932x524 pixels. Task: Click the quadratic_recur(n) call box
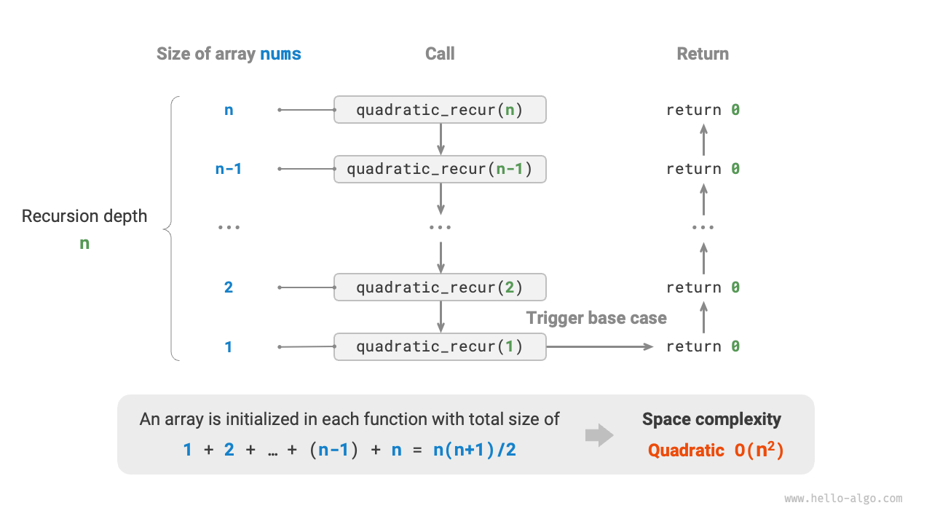pyautogui.click(x=440, y=110)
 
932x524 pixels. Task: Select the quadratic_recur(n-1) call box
pyautogui.click(x=440, y=169)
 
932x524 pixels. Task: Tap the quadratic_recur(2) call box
pyautogui.click(x=440, y=287)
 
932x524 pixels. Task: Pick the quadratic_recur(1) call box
pyautogui.click(x=440, y=346)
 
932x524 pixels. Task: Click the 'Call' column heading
pyautogui.click(x=440, y=54)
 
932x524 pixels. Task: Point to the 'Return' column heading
pyautogui.click(x=703, y=54)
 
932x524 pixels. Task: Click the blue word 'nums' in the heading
pyautogui.click(x=280, y=54)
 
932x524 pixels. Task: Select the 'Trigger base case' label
pyautogui.click(x=596, y=318)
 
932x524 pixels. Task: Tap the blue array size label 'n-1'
pyautogui.click(x=228, y=169)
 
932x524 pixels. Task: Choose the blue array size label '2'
pyautogui.click(x=228, y=287)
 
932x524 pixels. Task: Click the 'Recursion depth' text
pyautogui.click(x=84, y=216)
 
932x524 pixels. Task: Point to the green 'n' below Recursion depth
pyautogui.click(x=84, y=244)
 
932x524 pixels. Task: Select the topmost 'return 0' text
pyautogui.click(x=703, y=110)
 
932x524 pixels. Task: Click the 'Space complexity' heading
pyautogui.click(x=711, y=419)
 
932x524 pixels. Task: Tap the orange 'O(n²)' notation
pyautogui.click(x=759, y=450)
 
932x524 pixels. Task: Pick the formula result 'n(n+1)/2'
pyautogui.click(x=474, y=450)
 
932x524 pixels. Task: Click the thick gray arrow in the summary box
pyautogui.click(x=599, y=435)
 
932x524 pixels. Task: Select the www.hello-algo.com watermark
pyautogui.click(x=843, y=499)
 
